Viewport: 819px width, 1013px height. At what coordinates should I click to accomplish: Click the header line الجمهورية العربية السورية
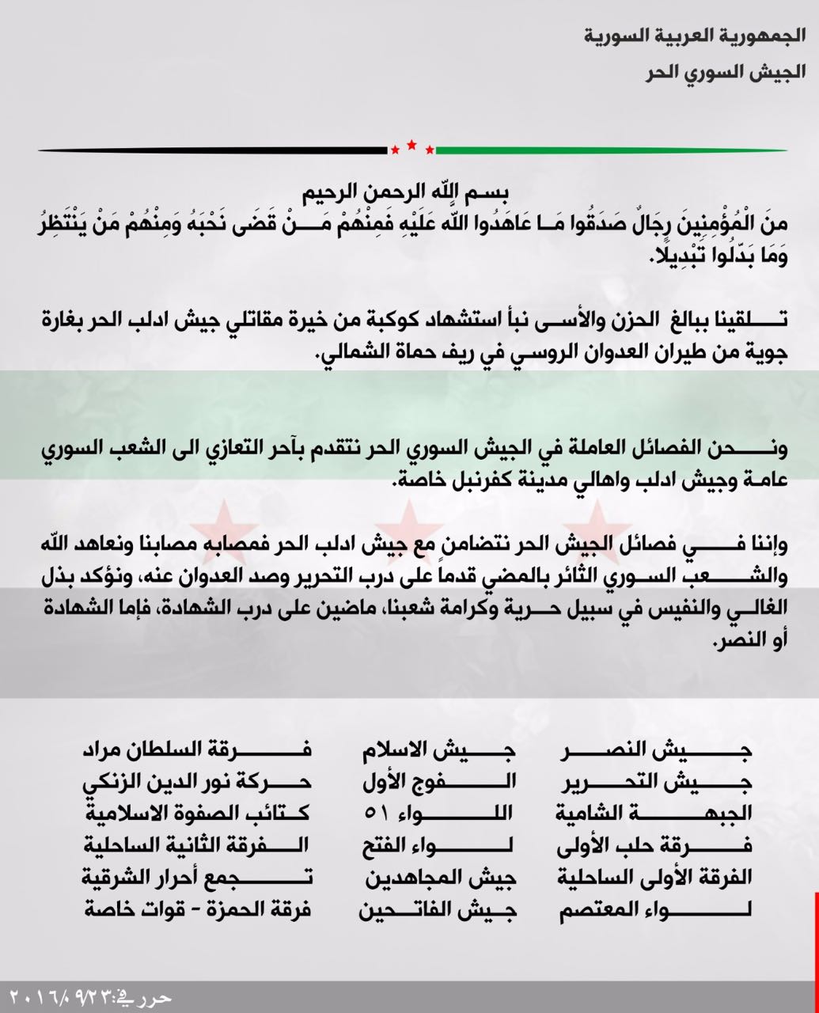click(x=695, y=36)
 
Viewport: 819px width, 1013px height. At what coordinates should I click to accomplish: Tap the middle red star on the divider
click(x=411, y=145)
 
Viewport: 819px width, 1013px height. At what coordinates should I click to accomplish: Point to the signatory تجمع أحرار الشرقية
click(x=198, y=878)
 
